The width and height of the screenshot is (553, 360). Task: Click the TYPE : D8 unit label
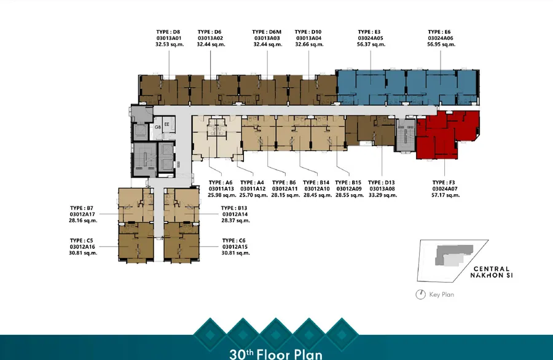(168, 32)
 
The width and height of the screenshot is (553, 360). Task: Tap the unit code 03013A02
(210, 38)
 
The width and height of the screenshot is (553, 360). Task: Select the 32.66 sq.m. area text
(309, 44)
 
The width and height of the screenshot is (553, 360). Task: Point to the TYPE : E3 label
(369, 32)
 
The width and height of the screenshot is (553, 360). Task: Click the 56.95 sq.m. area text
(441, 44)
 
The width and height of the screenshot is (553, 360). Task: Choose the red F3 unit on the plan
(445, 134)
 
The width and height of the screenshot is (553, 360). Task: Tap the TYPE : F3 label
(444, 182)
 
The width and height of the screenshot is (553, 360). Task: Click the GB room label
(158, 127)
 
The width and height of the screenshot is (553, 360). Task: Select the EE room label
(167, 124)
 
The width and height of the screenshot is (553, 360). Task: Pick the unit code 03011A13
(221, 189)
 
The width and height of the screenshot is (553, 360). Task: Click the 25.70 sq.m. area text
(254, 195)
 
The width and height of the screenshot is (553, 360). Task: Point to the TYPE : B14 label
(316, 182)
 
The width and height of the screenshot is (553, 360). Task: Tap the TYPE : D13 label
(381, 182)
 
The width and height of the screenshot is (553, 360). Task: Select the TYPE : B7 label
(82, 208)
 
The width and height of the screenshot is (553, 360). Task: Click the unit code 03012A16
(82, 247)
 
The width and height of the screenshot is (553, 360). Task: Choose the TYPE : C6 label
(234, 240)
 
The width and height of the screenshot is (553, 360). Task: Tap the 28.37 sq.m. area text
(235, 221)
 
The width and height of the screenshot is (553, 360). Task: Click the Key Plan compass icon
(420, 294)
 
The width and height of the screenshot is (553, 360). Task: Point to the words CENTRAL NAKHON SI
(492, 272)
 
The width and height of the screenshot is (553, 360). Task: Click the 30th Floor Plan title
(276, 354)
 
